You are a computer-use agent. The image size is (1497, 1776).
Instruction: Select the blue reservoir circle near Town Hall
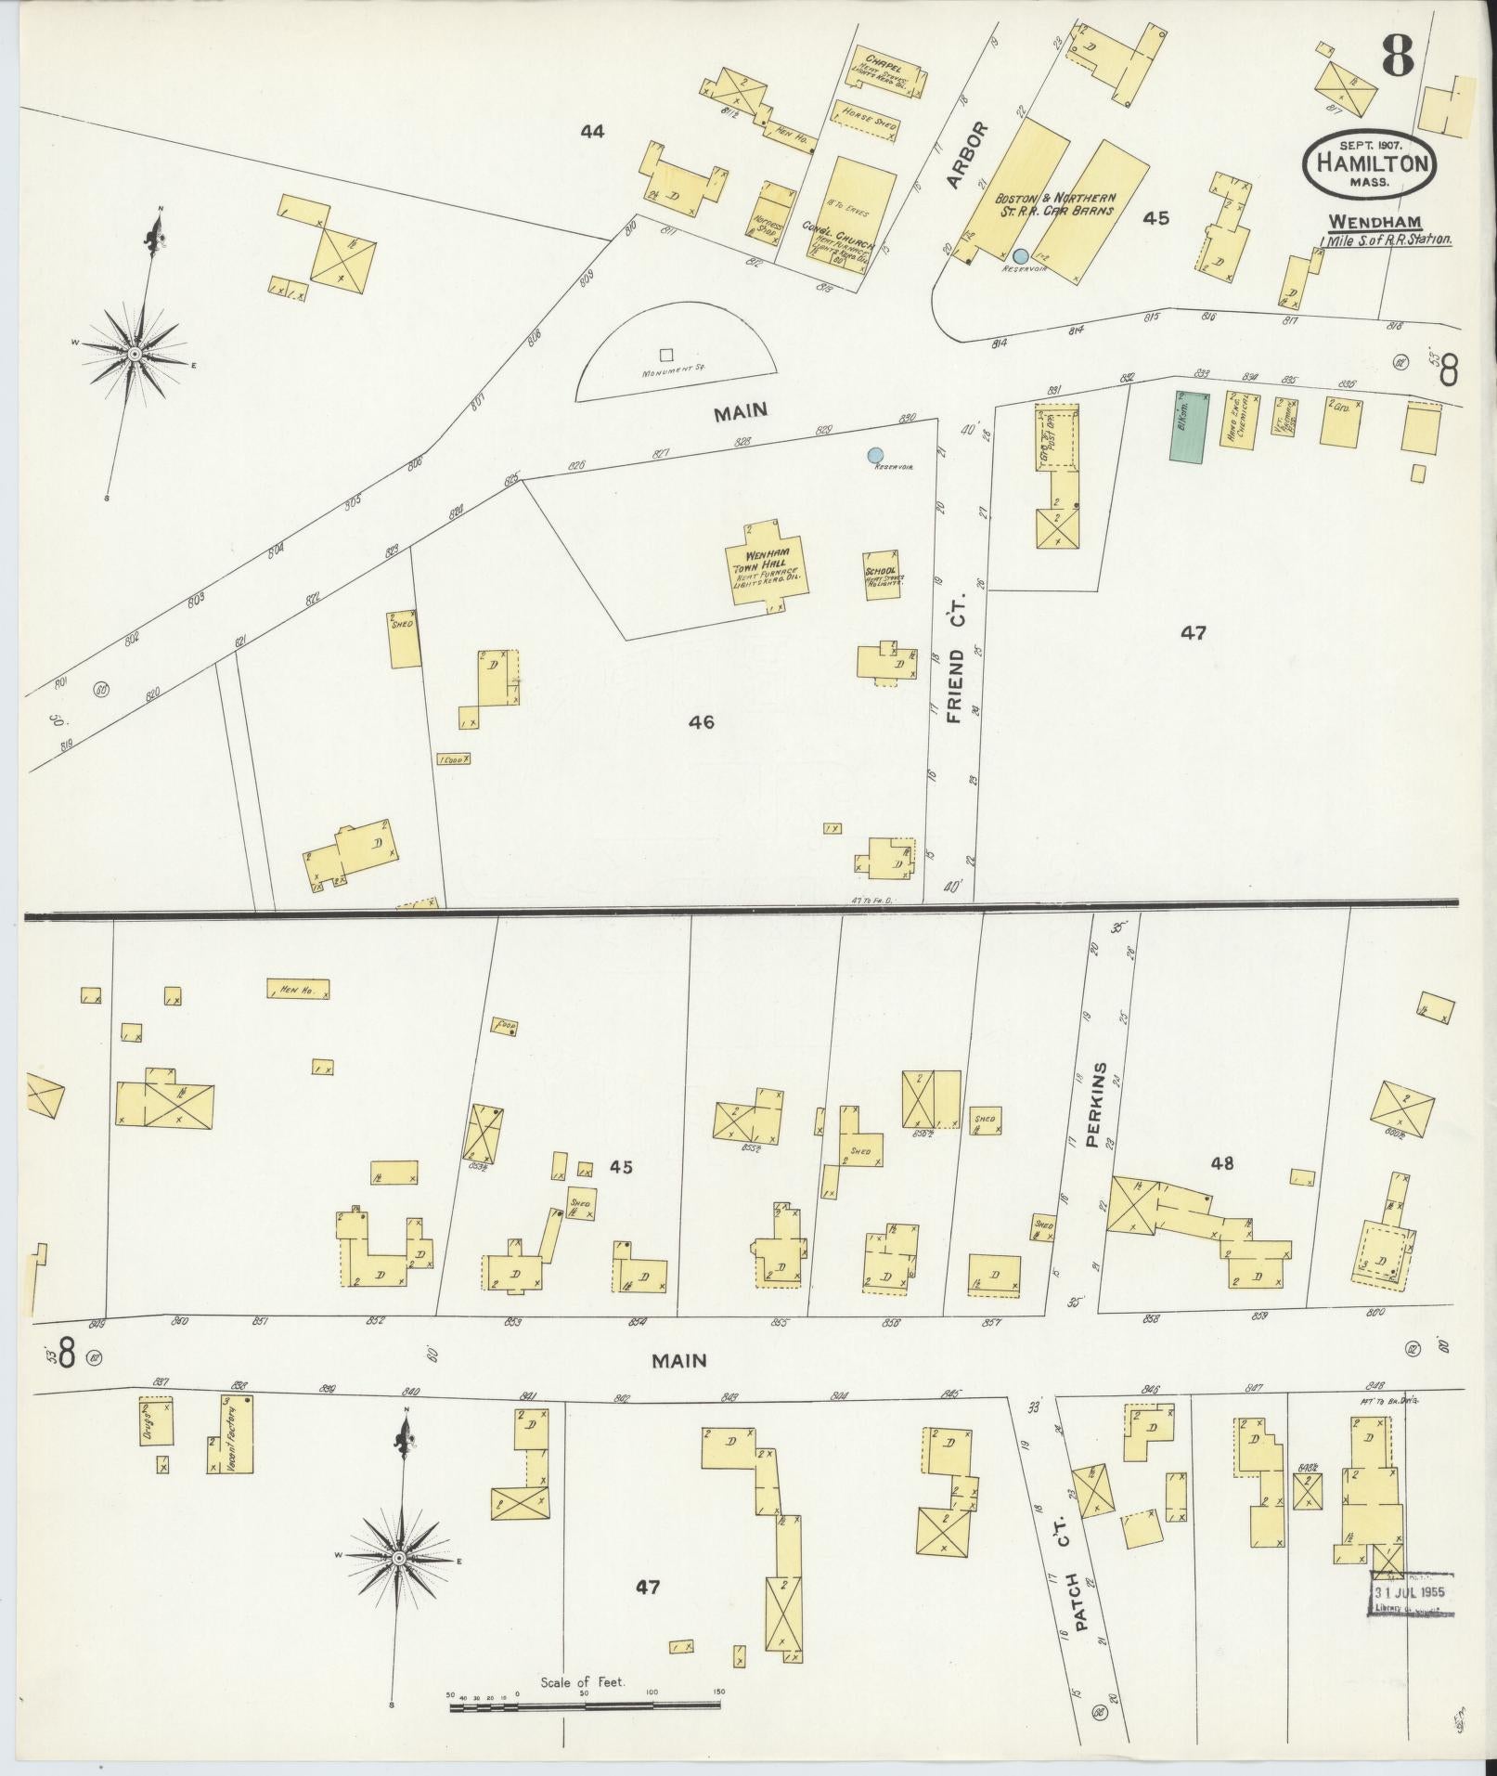click(x=874, y=455)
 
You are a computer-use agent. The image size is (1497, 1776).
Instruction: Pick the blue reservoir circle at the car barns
click(x=1020, y=255)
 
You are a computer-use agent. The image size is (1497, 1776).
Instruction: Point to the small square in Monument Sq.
click(x=665, y=354)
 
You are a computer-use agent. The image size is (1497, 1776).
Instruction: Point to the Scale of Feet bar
click(x=585, y=1704)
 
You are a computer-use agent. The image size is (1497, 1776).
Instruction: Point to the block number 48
click(x=1222, y=1162)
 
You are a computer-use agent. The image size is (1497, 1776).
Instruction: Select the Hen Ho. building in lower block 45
click(x=298, y=991)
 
